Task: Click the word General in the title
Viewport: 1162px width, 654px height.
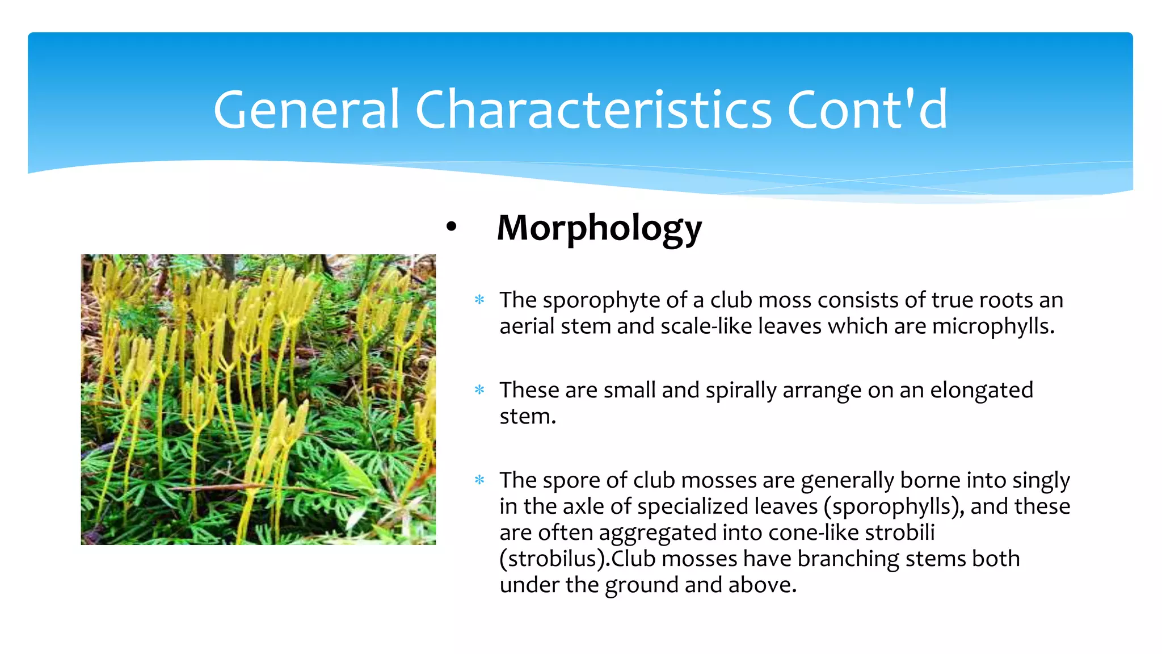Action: [307, 109]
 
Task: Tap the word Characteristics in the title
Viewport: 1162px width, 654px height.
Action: [593, 109]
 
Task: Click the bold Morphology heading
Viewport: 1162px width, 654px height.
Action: [599, 228]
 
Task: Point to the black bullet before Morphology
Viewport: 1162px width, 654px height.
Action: [451, 227]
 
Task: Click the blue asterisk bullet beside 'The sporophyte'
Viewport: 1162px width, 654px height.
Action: [479, 300]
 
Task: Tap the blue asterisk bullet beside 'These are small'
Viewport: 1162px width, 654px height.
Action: [479, 390]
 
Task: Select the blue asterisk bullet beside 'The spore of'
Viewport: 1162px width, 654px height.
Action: [479, 480]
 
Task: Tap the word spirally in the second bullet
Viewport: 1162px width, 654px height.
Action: [740, 391]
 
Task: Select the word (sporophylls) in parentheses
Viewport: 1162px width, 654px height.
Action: [894, 507]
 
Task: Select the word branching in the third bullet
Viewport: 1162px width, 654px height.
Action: [848, 559]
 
